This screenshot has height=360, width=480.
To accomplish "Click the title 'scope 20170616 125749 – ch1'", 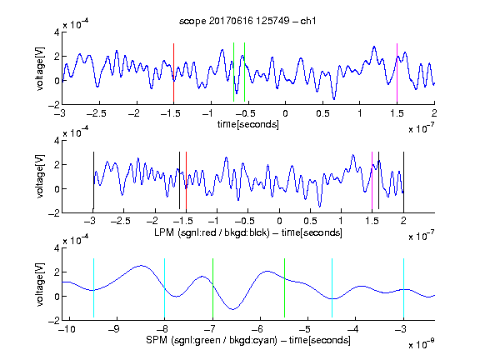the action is click(x=247, y=21).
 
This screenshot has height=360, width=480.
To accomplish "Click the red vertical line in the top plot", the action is click(x=173, y=72).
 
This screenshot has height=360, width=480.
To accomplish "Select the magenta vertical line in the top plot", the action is click(x=397, y=72).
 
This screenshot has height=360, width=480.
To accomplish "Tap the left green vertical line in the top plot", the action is click(x=233, y=72).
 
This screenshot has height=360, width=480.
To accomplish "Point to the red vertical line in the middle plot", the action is click(x=186, y=180).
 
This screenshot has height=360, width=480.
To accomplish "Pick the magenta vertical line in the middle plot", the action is click(x=372, y=180).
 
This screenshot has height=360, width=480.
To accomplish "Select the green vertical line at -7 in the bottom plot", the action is click(x=212, y=288).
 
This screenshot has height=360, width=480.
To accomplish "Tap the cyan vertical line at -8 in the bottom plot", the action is click(x=164, y=288).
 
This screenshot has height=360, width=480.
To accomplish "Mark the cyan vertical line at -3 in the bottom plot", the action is click(x=403, y=288).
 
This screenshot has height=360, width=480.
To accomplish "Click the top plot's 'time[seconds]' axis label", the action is click(x=248, y=124).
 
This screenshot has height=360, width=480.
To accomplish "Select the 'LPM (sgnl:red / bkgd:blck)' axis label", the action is click(x=212, y=232).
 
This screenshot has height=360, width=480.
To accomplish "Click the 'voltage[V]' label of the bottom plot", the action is click(x=40, y=284).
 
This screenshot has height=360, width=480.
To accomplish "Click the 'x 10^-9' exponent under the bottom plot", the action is click(x=421, y=345).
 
